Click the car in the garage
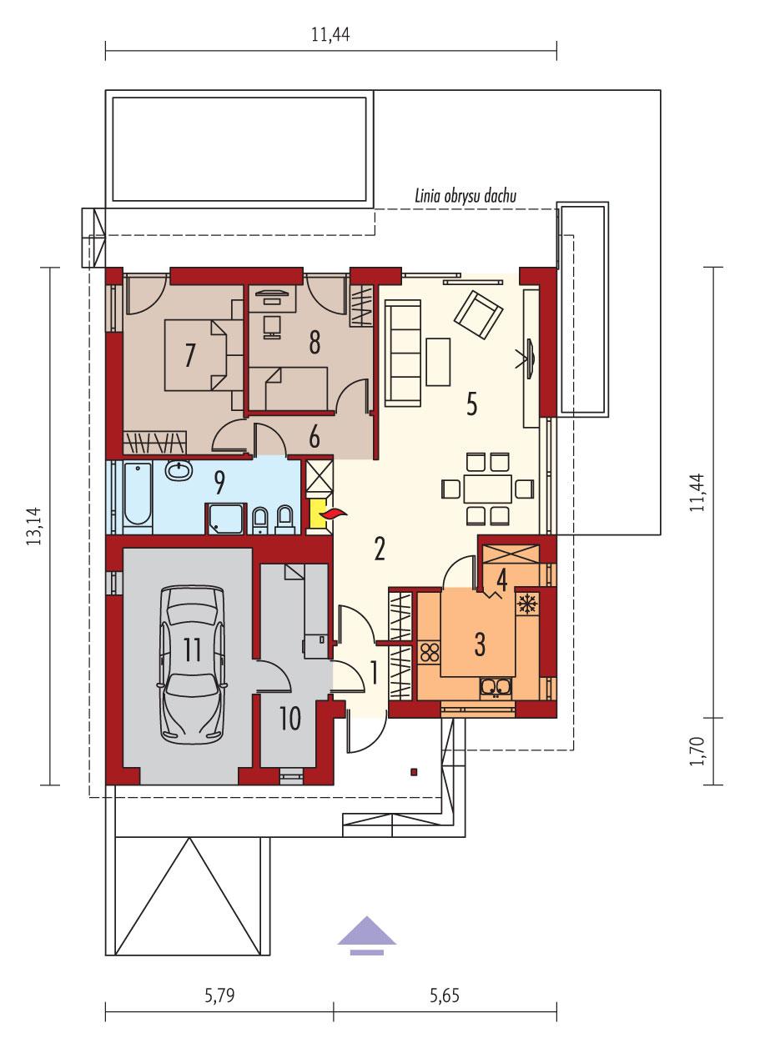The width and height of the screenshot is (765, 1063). point(194,663)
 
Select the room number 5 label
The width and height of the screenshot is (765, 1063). point(471,404)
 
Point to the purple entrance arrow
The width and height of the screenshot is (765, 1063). point(366,934)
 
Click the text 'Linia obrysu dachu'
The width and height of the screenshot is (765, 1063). point(466,196)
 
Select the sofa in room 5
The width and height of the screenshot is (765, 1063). point(402,353)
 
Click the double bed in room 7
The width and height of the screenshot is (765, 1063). point(196,356)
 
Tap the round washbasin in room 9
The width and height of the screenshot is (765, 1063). point(179,471)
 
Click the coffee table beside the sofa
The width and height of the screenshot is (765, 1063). point(438,361)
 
